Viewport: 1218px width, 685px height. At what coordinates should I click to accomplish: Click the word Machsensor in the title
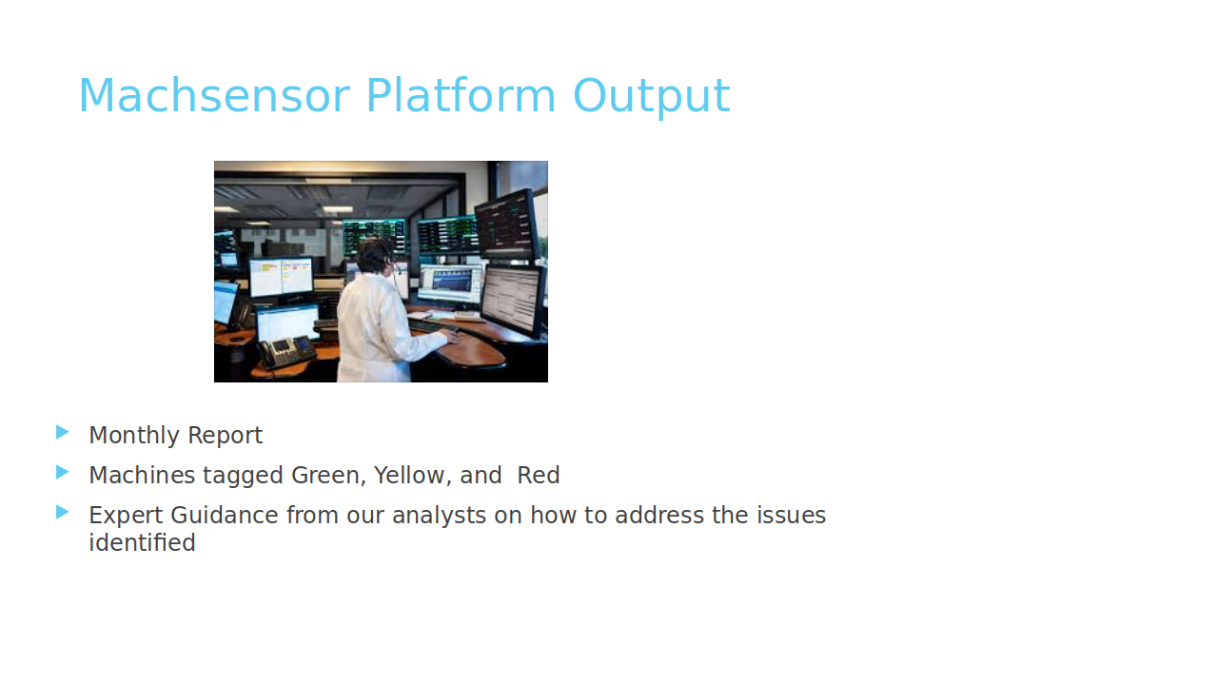pyautogui.click(x=215, y=96)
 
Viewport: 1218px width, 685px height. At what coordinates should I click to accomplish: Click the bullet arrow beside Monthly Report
pyautogui.click(x=63, y=433)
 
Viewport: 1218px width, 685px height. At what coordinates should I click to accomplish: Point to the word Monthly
pyautogui.click(x=134, y=436)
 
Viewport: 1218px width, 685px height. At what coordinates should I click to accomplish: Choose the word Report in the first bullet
pyautogui.click(x=226, y=437)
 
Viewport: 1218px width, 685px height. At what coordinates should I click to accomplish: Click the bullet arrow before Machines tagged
pyautogui.click(x=63, y=473)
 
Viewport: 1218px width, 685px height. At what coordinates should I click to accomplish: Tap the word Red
pyautogui.click(x=539, y=476)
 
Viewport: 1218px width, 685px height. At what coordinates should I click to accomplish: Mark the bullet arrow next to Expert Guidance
pyautogui.click(x=63, y=513)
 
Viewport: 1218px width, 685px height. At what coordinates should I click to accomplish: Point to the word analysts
pyautogui.click(x=440, y=516)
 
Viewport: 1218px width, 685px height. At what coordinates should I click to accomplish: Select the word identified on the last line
pyautogui.click(x=143, y=542)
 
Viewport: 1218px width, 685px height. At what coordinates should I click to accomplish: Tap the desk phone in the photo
pyautogui.click(x=286, y=352)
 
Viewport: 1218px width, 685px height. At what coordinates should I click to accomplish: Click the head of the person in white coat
pyautogui.click(x=375, y=256)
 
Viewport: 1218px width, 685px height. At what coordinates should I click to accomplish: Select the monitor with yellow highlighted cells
pyautogui.click(x=281, y=277)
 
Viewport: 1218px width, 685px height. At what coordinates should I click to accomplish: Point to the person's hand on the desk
pyautogui.click(x=452, y=337)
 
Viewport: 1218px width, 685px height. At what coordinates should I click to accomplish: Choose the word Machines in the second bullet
pyautogui.click(x=142, y=476)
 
